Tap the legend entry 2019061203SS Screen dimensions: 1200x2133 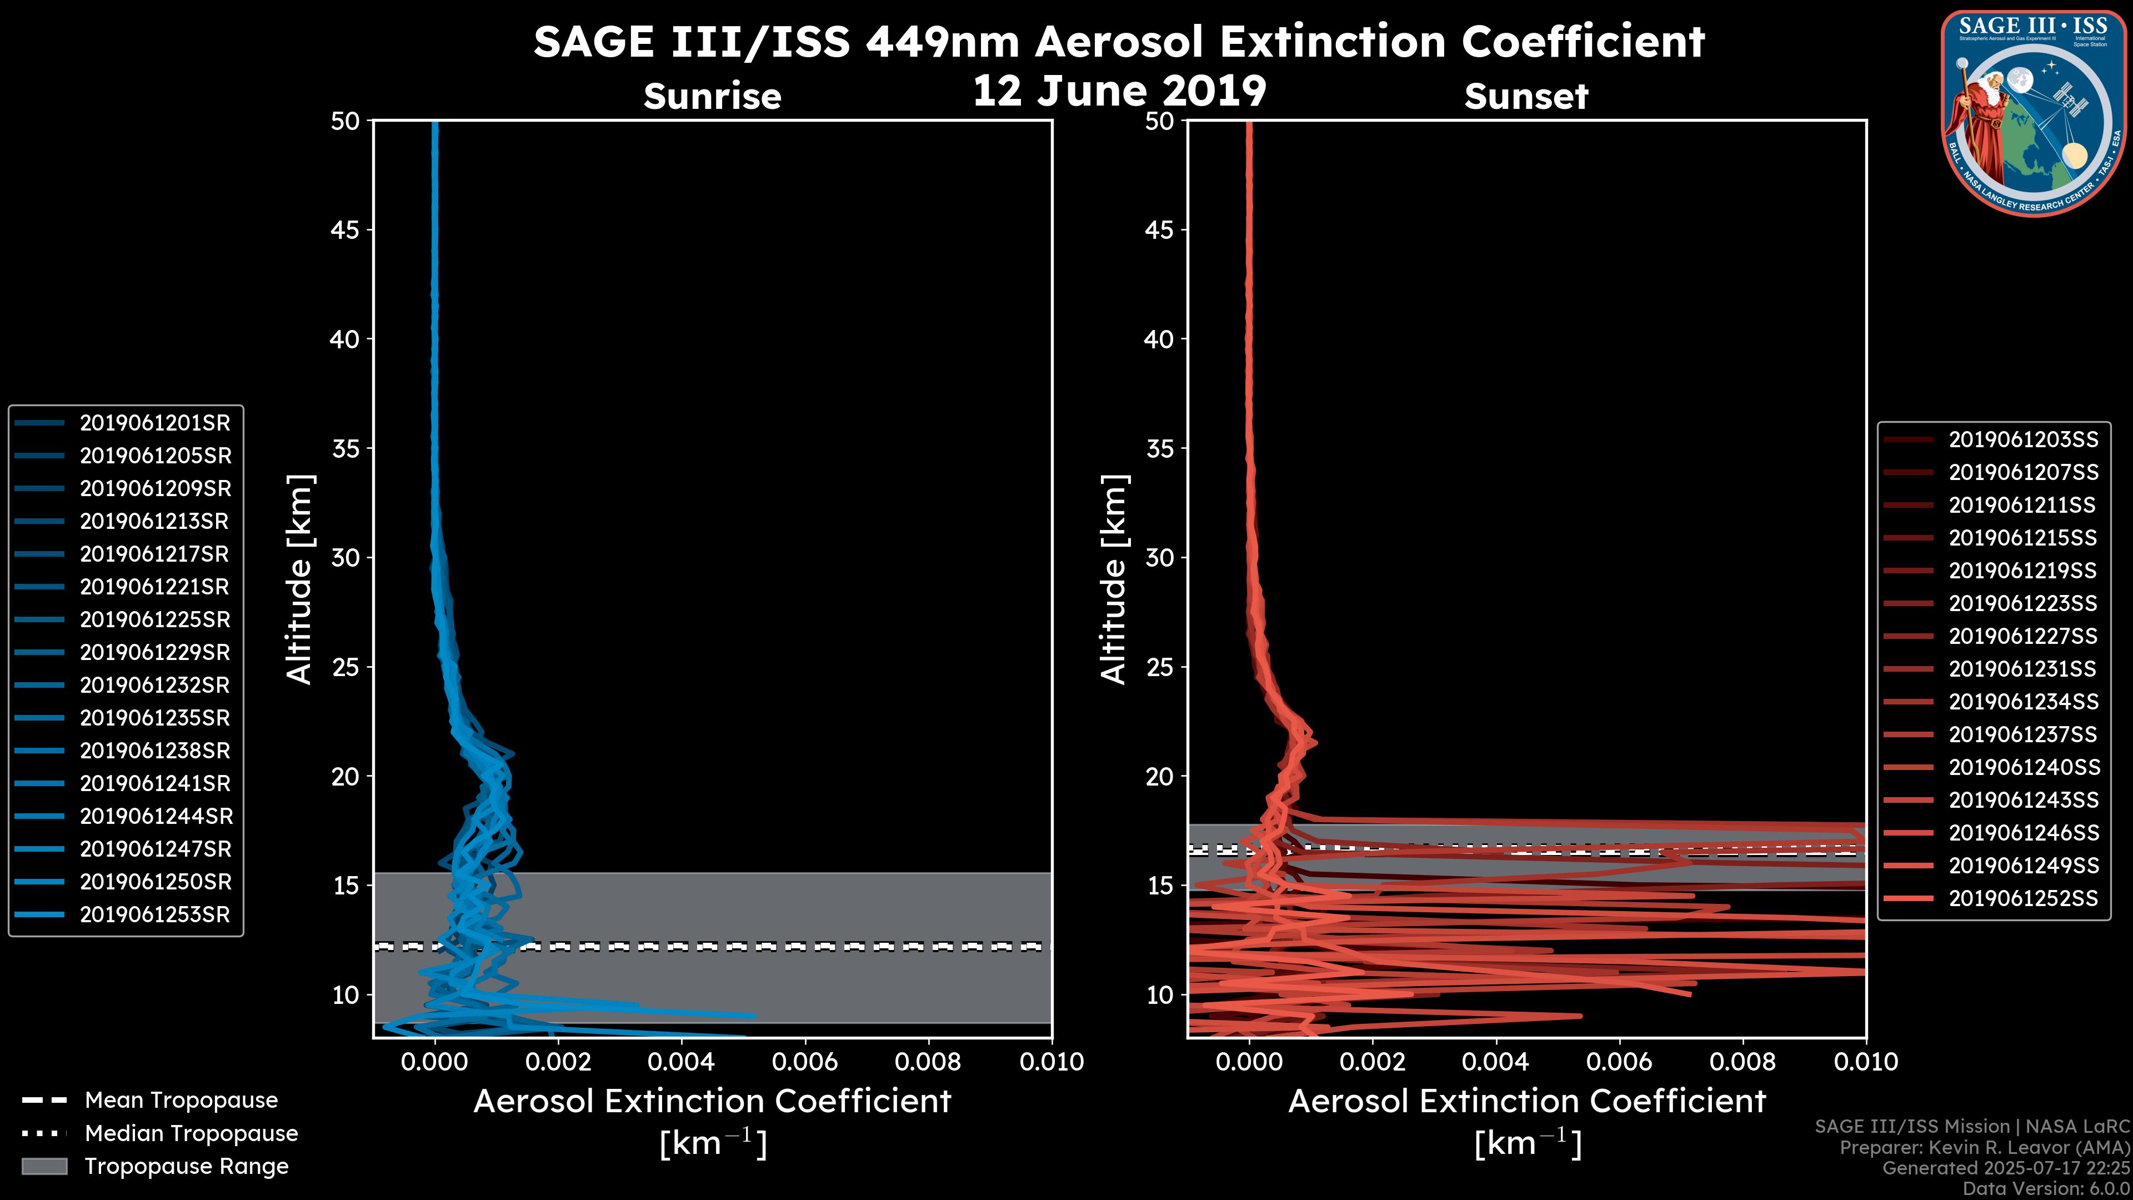[2023, 440]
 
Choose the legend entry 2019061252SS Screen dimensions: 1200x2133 [2023, 898]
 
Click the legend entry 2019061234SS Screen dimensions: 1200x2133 [2023, 702]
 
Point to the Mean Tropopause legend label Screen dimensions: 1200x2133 [181, 1101]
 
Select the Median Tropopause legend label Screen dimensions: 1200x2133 [191, 1134]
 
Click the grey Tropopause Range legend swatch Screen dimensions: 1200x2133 [44, 1167]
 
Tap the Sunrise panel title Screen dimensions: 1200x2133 [712, 97]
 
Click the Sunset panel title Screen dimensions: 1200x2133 [1526, 97]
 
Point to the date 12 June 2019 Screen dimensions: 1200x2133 [1119, 91]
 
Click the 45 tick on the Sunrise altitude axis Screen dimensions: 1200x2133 [346, 230]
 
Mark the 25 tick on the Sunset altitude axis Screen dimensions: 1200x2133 [1159, 667]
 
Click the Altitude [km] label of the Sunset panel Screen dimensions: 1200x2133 [1114, 579]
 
